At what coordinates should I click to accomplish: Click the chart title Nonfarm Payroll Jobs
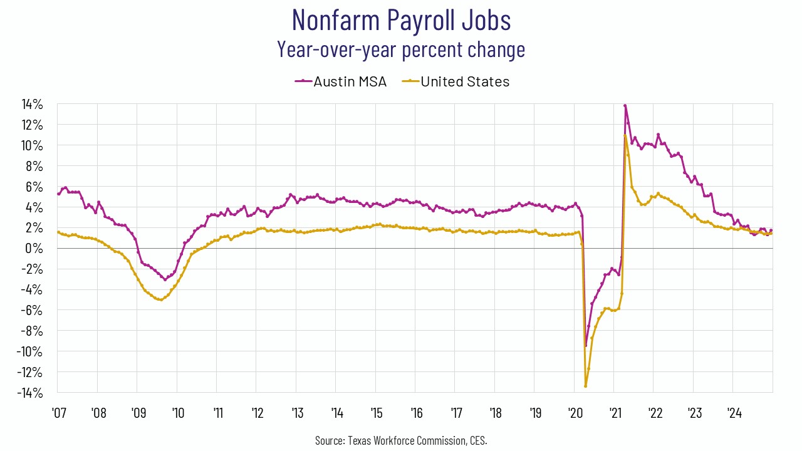tap(401, 20)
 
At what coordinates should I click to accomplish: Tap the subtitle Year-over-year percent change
tap(401, 49)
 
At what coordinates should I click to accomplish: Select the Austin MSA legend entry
tap(341, 81)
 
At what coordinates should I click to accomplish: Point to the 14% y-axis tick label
tap(31, 105)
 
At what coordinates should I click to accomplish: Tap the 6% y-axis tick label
tap(34, 187)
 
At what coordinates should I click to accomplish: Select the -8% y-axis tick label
tap(31, 331)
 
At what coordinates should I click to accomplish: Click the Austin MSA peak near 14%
tap(625, 105)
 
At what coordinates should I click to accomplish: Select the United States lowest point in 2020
tap(585, 386)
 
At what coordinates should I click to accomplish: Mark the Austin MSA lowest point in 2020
tap(586, 346)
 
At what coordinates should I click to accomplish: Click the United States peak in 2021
tap(625, 135)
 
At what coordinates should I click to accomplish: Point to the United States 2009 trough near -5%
tap(161, 300)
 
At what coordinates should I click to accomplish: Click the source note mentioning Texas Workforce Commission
tap(401, 440)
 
